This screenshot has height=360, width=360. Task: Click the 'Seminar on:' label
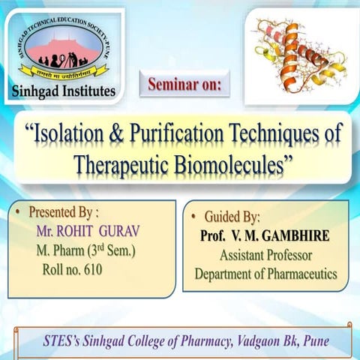coord(184,84)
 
